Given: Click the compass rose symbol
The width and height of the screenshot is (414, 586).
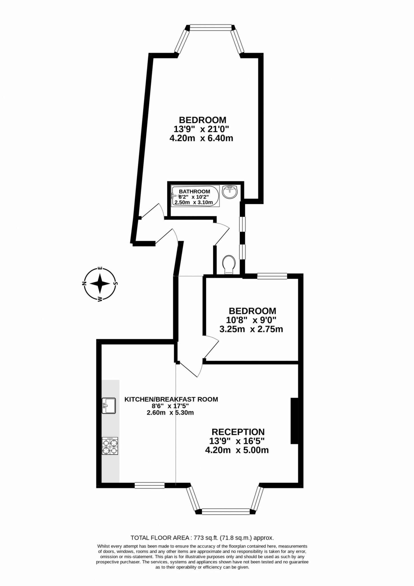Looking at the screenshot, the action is [x=100, y=284].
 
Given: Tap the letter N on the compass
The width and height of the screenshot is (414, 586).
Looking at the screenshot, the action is [x=84, y=284].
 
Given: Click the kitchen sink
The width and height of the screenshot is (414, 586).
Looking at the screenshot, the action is [x=109, y=405].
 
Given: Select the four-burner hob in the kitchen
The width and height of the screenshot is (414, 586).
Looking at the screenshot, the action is [x=110, y=446].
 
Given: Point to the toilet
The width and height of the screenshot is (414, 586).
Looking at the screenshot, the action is [x=229, y=264].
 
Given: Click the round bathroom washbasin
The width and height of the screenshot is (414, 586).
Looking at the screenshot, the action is [x=230, y=192].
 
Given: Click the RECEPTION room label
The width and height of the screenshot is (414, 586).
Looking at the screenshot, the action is [x=238, y=431].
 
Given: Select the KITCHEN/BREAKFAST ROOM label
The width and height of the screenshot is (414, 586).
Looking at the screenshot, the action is [x=171, y=399].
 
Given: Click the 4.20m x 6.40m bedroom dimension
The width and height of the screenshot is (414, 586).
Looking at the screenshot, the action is [x=201, y=138].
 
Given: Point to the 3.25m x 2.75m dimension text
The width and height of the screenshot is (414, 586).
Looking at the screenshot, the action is [x=251, y=329].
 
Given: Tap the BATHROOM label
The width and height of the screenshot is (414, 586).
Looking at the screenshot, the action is [x=194, y=191].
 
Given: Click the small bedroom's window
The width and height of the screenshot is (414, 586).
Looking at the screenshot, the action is [x=272, y=276].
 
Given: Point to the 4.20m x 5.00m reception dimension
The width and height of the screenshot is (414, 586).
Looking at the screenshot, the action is [x=237, y=450].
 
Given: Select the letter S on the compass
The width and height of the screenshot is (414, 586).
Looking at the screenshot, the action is [x=116, y=284].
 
